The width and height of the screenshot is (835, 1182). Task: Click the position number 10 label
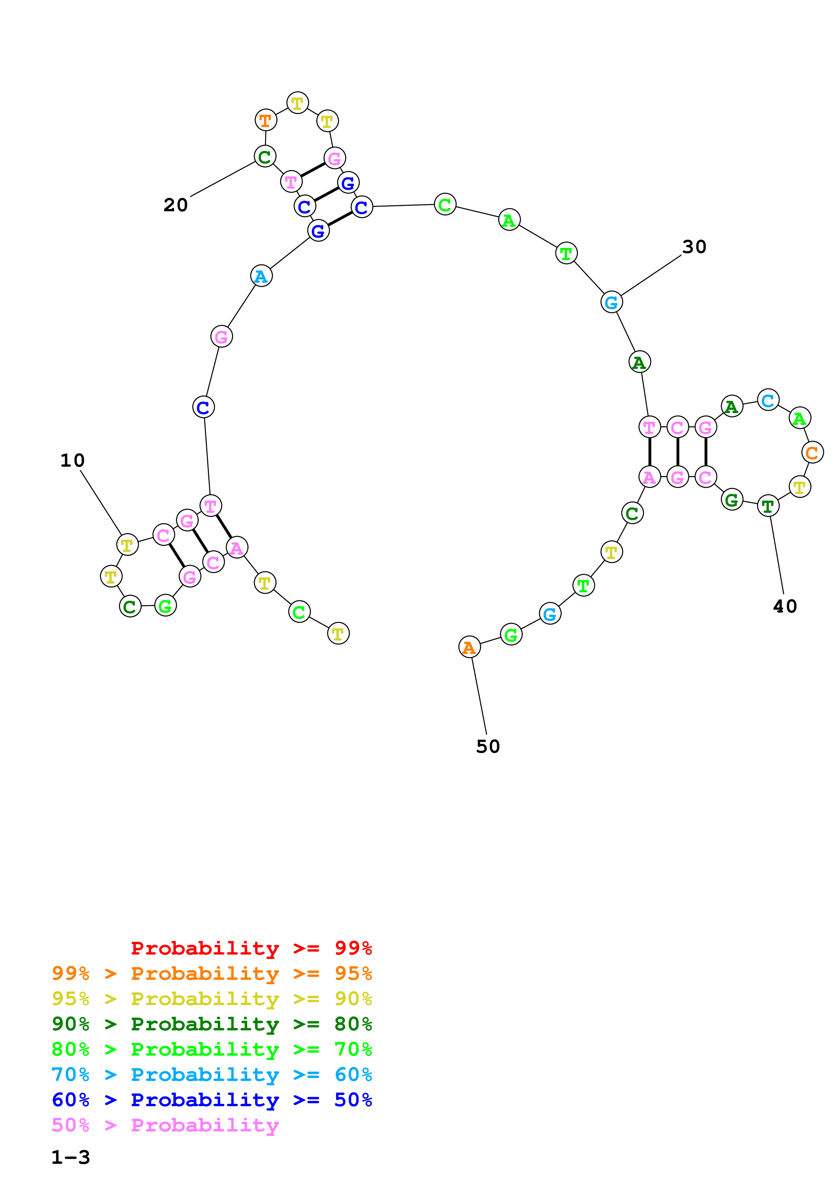click(72, 460)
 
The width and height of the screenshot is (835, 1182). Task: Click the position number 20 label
click(175, 205)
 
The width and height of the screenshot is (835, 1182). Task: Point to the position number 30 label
click(694, 247)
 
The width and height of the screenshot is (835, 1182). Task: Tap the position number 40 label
click(784, 606)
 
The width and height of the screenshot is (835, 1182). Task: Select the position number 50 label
click(488, 746)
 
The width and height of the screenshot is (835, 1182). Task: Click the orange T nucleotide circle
click(265, 121)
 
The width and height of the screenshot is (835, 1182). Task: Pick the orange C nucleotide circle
click(812, 453)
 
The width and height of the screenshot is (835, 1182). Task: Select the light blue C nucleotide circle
click(768, 400)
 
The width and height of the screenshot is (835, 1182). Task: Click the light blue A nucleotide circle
click(261, 276)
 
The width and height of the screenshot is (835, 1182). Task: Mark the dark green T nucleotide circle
click(768, 506)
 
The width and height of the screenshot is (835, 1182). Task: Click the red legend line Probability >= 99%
click(251, 948)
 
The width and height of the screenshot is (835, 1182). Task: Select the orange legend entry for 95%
click(212, 973)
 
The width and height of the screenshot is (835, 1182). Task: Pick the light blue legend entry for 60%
click(212, 1075)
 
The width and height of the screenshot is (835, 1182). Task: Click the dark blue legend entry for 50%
click(212, 1100)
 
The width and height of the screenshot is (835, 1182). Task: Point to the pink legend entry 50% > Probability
click(165, 1125)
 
